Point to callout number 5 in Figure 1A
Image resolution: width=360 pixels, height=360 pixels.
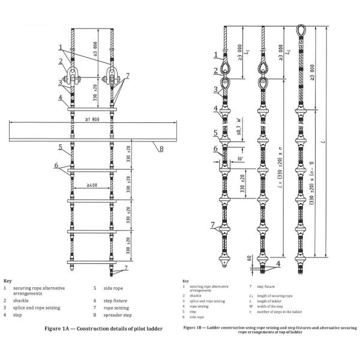click(61, 146)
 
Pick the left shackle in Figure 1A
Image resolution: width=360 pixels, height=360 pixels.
click(72, 77)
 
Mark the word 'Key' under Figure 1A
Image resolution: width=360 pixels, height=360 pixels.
click(8, 281)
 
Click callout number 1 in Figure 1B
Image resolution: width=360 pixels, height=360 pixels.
click(215, 56)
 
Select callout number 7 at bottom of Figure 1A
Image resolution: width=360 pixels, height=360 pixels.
click(128, 268)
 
